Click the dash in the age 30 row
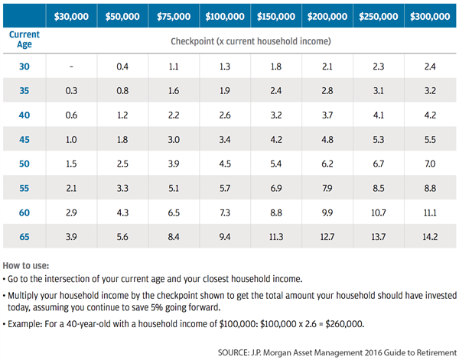71,66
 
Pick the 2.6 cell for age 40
225,115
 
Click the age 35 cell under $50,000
122,91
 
